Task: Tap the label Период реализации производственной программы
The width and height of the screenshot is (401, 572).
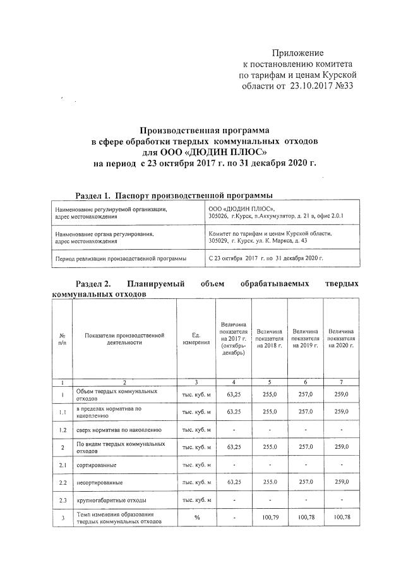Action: [121, 259]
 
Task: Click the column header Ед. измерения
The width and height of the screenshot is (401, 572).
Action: [196, 338]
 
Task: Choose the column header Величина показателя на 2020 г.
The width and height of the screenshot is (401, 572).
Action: [341, 338]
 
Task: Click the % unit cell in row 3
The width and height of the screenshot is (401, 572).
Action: [196, 517]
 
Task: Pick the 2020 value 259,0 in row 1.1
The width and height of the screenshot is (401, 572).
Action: [341, 412]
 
